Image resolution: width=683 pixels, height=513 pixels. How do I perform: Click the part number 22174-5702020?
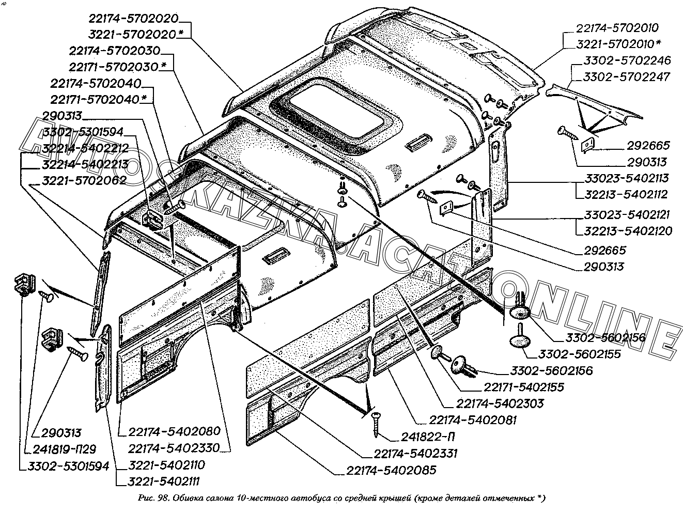pyautogui.click(x=133, y=19)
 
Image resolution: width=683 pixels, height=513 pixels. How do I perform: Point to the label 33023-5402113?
pyautogui.click(x=627, y=179)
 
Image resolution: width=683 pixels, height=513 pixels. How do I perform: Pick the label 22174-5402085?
pyautogui.click(x=388, y=471)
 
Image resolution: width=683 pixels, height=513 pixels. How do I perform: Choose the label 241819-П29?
pyautogui.click(x=65, y=449)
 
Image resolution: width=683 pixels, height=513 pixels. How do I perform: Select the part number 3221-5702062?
pyautogui.click(x=83, y=180)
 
